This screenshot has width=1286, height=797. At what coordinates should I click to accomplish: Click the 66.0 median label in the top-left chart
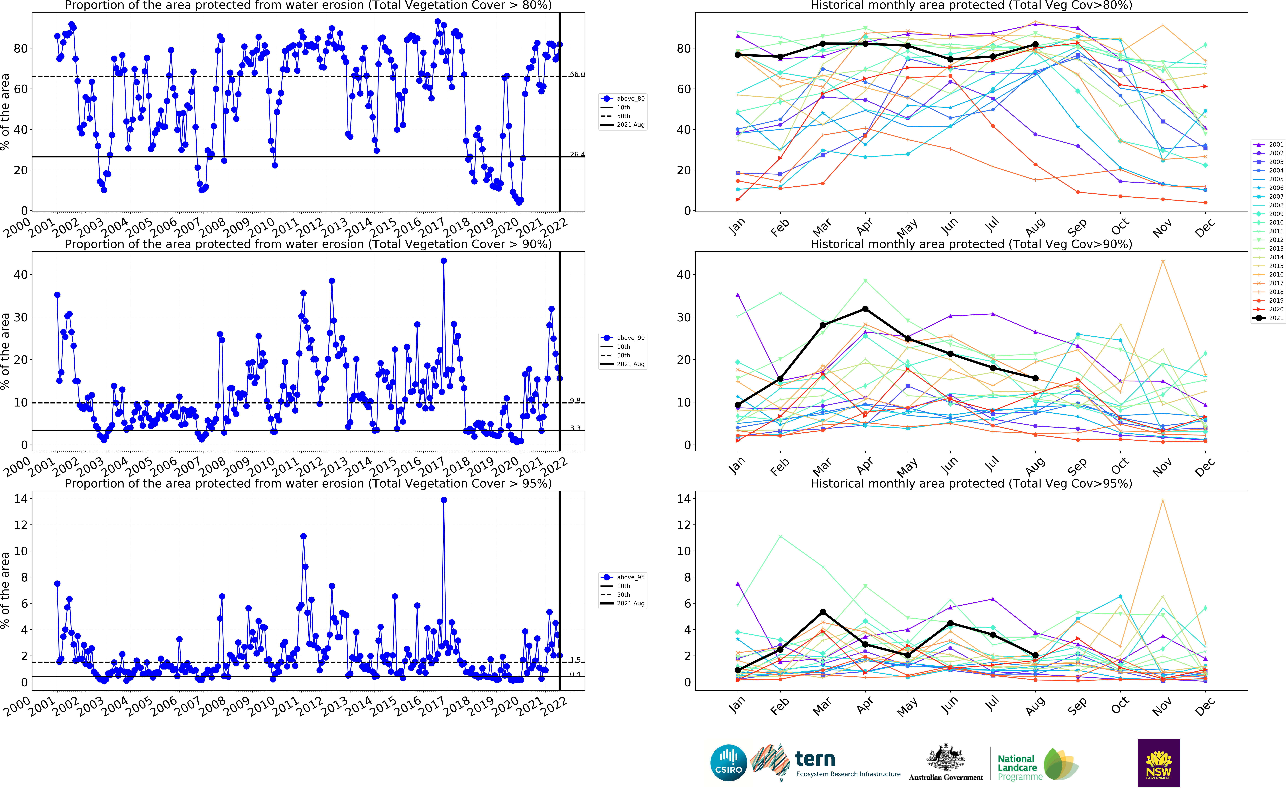[x=577, y=74]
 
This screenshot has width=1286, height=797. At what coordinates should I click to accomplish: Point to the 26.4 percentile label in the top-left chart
[x=577, y=154]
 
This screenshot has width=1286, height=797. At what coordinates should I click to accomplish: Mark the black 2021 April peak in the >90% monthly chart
[x=865, y=309]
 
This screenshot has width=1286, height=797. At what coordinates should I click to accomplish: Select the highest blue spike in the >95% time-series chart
[x=444, y=500]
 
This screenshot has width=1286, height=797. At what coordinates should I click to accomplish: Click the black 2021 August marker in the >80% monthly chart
[x=1035, y=45]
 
